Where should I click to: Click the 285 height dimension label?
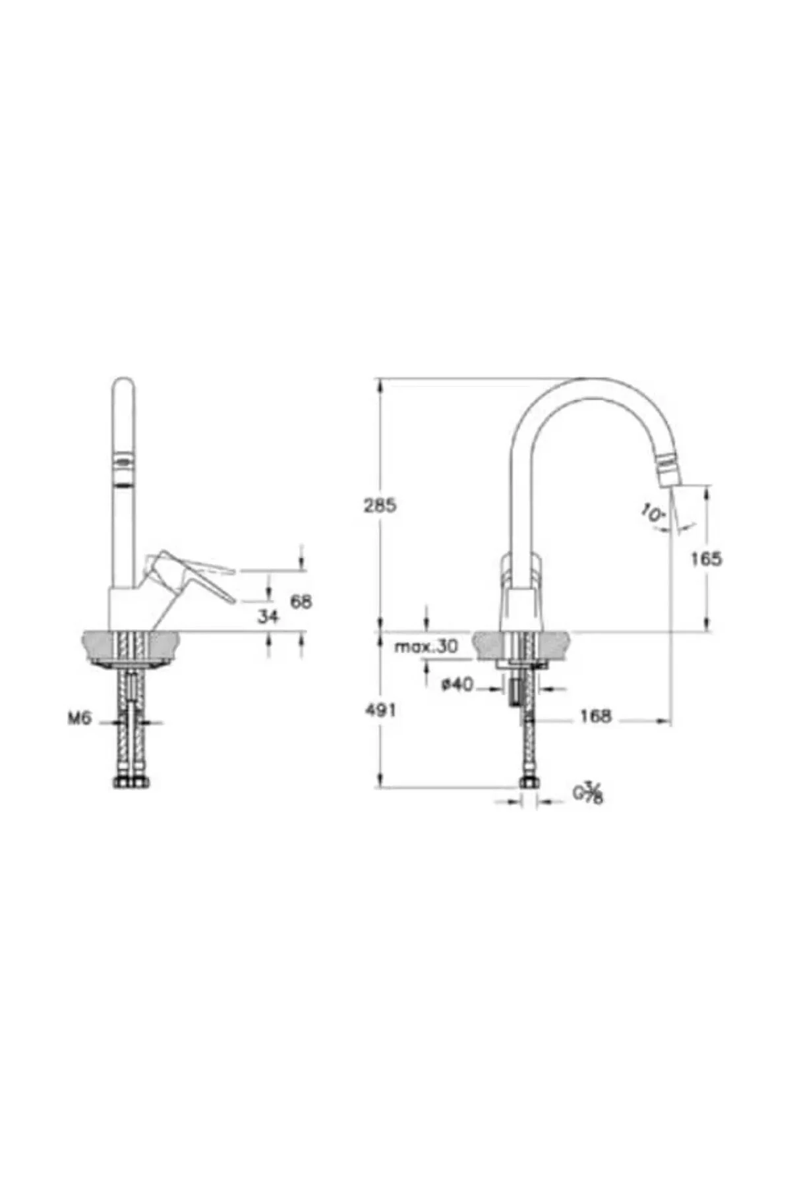tap(380, 506)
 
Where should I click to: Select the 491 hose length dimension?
tap(380, 710)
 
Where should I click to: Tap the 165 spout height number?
tap(707, 559)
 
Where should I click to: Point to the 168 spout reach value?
tap(597, 716)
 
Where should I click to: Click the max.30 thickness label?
tap(425, 647)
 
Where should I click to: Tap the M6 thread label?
tap(78, 720)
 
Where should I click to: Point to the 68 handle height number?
tap(301, 601)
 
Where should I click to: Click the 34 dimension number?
tap(268, 617)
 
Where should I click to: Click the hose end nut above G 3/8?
tap(529, 783)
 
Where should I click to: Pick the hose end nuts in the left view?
tap(132, 783)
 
